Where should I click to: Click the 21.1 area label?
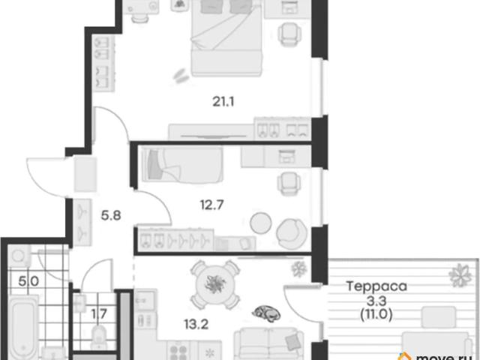tap(223, 101)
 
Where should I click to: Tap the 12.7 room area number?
tap(211, 205)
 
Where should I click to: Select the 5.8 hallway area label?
tap(111, 215)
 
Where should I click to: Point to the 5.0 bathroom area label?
tap(28, 280)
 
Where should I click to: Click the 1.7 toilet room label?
tap(99, 313)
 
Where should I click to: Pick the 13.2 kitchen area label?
tap(196, 324)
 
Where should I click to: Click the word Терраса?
tap(376, 286)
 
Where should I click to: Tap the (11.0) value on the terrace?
tap(376, 314)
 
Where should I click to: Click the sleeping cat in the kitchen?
tap(266, 313)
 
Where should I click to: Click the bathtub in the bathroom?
tap(22, 328)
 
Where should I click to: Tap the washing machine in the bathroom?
tap(19, 255)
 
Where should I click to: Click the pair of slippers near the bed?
tap(180, 75)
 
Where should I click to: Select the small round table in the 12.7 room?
tap(261, 223)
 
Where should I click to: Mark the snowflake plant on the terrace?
tap(460, 275)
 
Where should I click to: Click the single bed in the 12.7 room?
tap(182, 164)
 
